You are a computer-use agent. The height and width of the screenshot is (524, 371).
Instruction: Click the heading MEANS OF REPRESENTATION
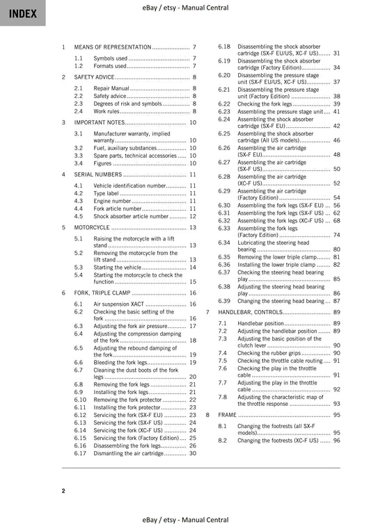(112, 47)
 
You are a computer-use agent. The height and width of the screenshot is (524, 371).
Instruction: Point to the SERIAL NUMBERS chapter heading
(97, 174)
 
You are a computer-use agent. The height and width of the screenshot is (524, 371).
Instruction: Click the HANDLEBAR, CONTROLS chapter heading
(263, 312)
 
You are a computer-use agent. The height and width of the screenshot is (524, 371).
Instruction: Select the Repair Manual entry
(111, 89)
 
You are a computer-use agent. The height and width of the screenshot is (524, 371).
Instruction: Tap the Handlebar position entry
(260, 323)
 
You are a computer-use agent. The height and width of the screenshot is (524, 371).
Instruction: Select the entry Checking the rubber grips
(264, 353)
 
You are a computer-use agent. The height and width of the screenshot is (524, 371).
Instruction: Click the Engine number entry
(112, 201)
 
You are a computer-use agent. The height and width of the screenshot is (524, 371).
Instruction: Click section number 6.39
(224, 301)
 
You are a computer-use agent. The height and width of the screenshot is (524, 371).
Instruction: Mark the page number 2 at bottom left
(63, 491)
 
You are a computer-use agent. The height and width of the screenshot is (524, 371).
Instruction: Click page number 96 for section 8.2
(336, 440)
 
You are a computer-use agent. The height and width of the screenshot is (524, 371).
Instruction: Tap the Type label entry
(108, 193)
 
